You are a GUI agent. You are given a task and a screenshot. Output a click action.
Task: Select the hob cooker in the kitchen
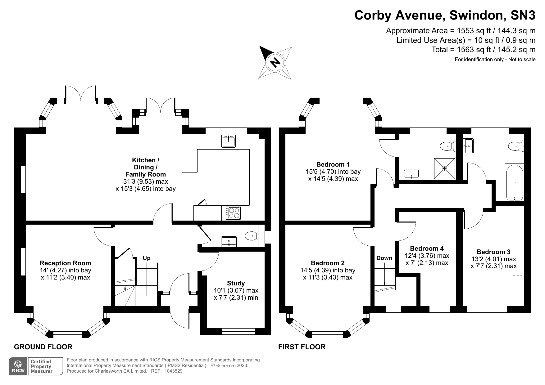coord(233,213)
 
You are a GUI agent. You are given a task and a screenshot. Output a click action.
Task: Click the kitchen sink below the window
coord(229,141)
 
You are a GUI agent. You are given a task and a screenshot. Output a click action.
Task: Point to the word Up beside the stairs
coord(147,258)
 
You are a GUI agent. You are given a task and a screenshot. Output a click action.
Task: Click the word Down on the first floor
coord(384,258)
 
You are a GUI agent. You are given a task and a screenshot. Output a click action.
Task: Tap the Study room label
coord(236,283)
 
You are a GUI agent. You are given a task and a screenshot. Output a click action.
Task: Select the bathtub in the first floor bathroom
coord(515,182)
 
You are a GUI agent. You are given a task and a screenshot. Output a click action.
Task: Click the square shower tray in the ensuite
coord(444,168)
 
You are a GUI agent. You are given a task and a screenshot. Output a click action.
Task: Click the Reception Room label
coord(66,263)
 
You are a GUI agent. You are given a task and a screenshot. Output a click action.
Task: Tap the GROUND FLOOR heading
coord(43,347)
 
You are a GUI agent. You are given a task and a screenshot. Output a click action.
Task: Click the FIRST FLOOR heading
coord(302,347)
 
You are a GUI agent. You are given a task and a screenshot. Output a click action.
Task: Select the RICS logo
coord(18,366)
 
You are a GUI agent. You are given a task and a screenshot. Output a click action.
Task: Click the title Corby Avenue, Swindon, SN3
coord(445,15)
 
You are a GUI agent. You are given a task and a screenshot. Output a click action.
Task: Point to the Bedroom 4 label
coord(427,248)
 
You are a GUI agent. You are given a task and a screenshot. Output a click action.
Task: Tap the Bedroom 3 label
coord(493,252)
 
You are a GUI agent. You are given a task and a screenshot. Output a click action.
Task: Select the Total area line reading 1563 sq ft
coord(483,50)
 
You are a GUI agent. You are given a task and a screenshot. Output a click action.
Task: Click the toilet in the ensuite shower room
coord(447,145)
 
